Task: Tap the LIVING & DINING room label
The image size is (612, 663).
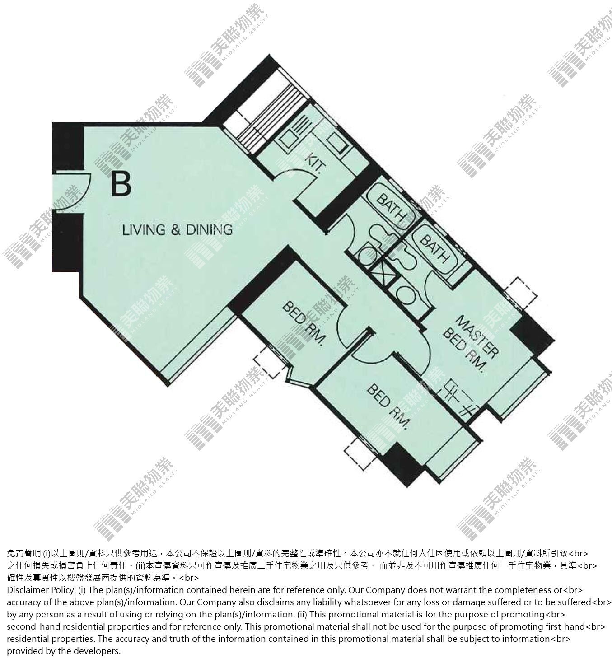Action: [178, 230]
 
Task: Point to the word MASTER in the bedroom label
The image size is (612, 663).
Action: [477, 336]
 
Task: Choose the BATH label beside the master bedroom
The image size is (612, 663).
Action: [434, 248]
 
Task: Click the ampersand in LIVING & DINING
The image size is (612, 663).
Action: [177, 230]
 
